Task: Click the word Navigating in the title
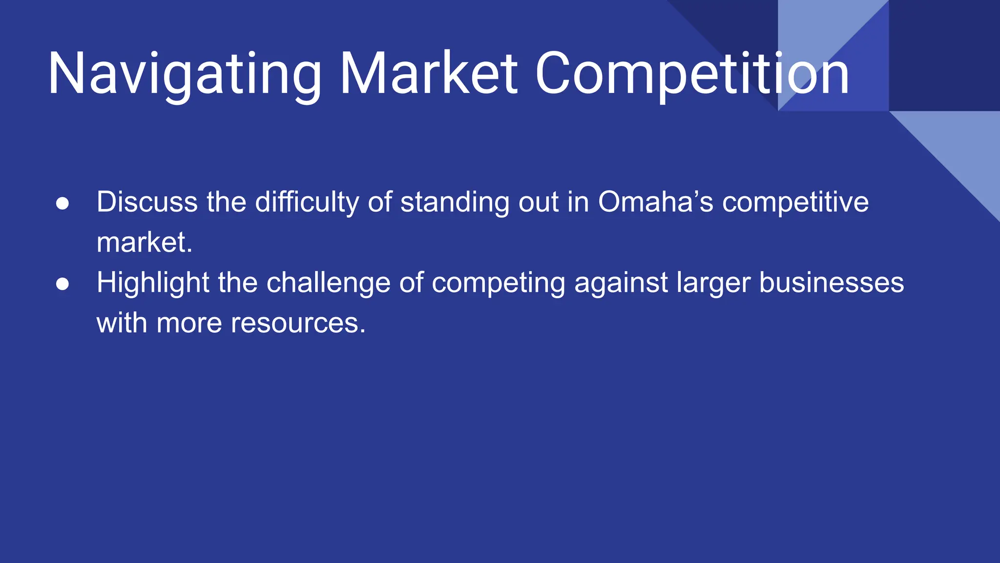click(184, 74)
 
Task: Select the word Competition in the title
click(692, 74)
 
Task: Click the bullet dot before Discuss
click(62, 203)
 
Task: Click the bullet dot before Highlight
click(62, 284)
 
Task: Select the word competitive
click(795, 202)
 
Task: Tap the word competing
click(499, 283)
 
